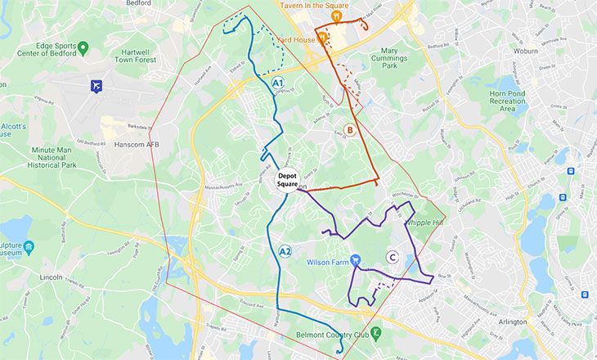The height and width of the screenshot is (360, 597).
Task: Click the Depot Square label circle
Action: coord(287,180)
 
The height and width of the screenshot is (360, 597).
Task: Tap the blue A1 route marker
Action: coord(277,83)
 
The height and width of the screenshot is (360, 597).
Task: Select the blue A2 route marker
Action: coord(285,251)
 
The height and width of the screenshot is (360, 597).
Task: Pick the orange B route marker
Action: coord(348,129)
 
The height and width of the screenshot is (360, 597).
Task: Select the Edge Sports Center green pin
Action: coord(82,48)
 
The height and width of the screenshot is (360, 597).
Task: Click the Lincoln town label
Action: coord(51,277)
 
